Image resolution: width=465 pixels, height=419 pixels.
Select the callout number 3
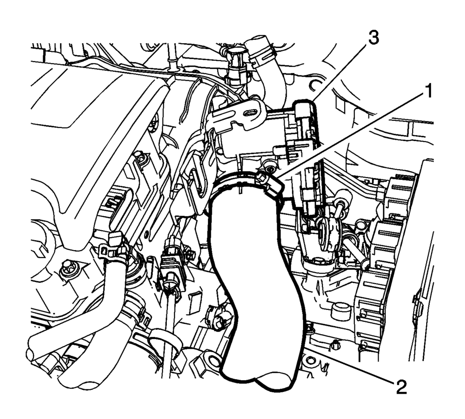tap(373, 38)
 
